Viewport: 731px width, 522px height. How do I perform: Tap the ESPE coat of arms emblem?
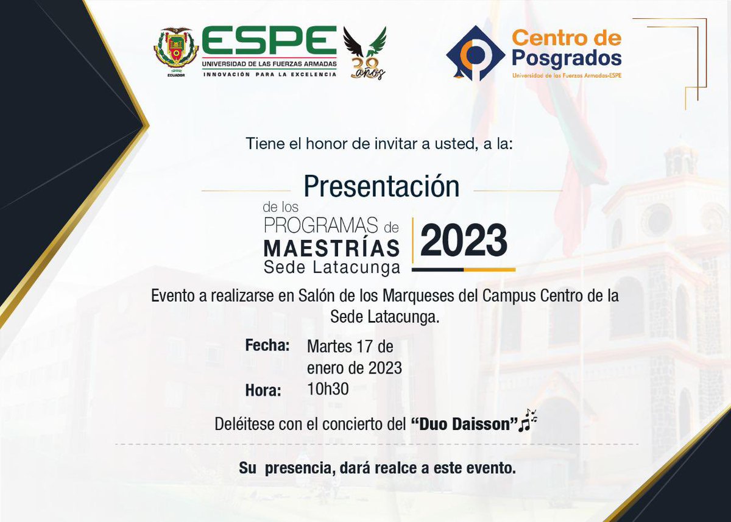175,50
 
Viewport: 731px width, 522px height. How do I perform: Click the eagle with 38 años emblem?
365,54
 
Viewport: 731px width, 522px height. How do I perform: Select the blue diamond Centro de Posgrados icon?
475,53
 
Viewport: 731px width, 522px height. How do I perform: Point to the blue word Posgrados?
567,58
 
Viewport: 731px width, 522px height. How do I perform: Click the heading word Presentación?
381,186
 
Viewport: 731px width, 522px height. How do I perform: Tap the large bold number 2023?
464,240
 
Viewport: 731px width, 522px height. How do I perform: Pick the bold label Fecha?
267,346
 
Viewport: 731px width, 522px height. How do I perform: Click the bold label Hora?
263,390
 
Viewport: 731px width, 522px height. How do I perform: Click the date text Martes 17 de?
350,347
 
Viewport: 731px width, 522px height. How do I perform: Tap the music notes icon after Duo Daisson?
528,420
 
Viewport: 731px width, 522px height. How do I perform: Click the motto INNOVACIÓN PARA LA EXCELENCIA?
269,74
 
